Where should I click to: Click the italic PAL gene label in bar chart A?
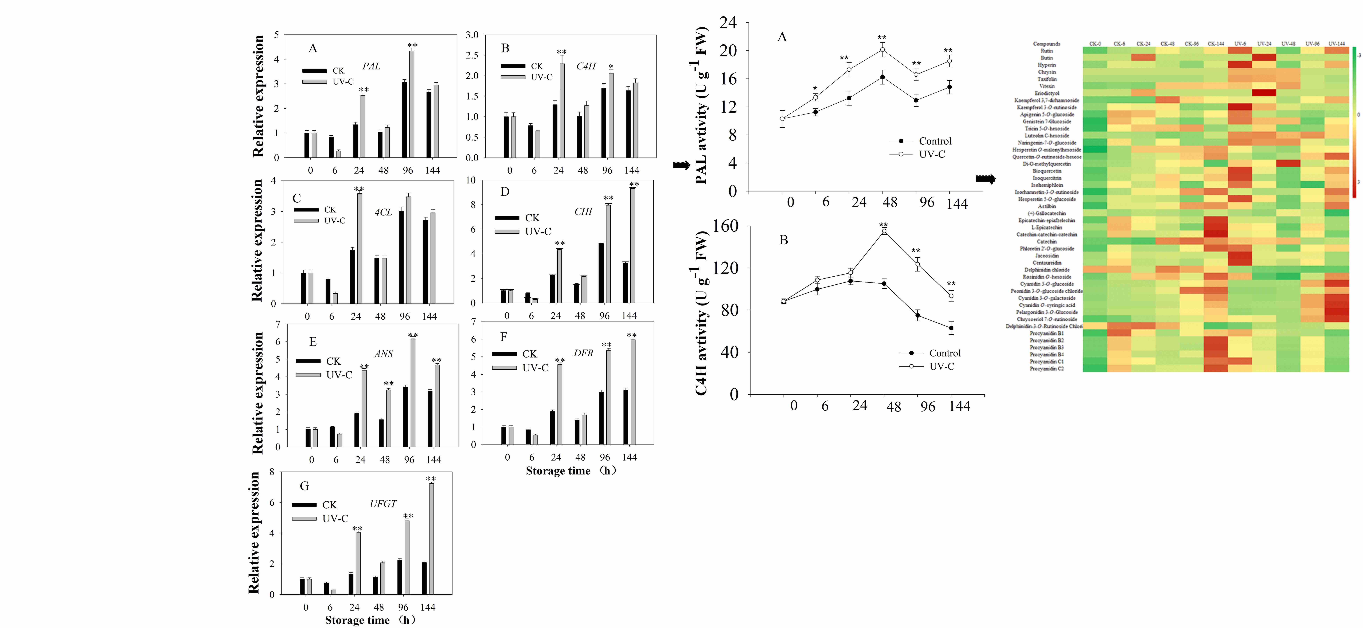click(371, 66)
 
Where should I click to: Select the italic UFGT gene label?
click(383, 504)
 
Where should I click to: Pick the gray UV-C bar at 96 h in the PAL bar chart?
click(412, 104)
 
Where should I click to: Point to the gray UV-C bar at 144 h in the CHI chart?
click(633, 245)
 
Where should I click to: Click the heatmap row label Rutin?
click(1047, 51)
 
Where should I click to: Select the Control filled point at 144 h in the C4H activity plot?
click(951, 328)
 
